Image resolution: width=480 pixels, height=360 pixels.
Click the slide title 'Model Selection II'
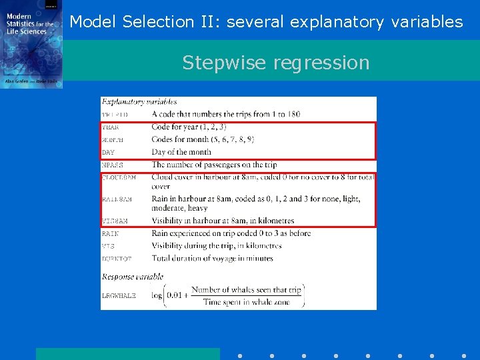pos(266,21)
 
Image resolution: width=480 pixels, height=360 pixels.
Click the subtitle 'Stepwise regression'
pos(275,62)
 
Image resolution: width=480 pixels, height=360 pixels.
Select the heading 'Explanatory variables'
pos(139,102)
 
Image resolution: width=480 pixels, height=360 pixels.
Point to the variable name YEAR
pos(110,127)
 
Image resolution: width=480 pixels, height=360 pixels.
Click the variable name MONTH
pos(112,140)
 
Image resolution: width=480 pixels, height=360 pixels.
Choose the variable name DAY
pos(108,153)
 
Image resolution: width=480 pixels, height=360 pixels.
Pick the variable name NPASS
pos(112,165)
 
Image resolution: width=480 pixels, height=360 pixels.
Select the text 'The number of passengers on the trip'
pos(213,165)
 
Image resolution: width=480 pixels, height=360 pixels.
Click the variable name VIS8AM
pos(114,221)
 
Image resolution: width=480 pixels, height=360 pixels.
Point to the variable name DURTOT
pos(116,259)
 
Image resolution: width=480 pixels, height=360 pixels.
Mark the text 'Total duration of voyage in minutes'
pos(212,258)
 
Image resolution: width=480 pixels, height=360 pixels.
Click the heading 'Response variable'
pos(132,275)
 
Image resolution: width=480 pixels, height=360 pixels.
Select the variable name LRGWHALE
pos(118,295)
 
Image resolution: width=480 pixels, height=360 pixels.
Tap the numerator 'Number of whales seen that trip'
pos(246,290)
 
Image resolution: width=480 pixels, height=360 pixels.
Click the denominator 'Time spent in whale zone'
pos(246,302)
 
